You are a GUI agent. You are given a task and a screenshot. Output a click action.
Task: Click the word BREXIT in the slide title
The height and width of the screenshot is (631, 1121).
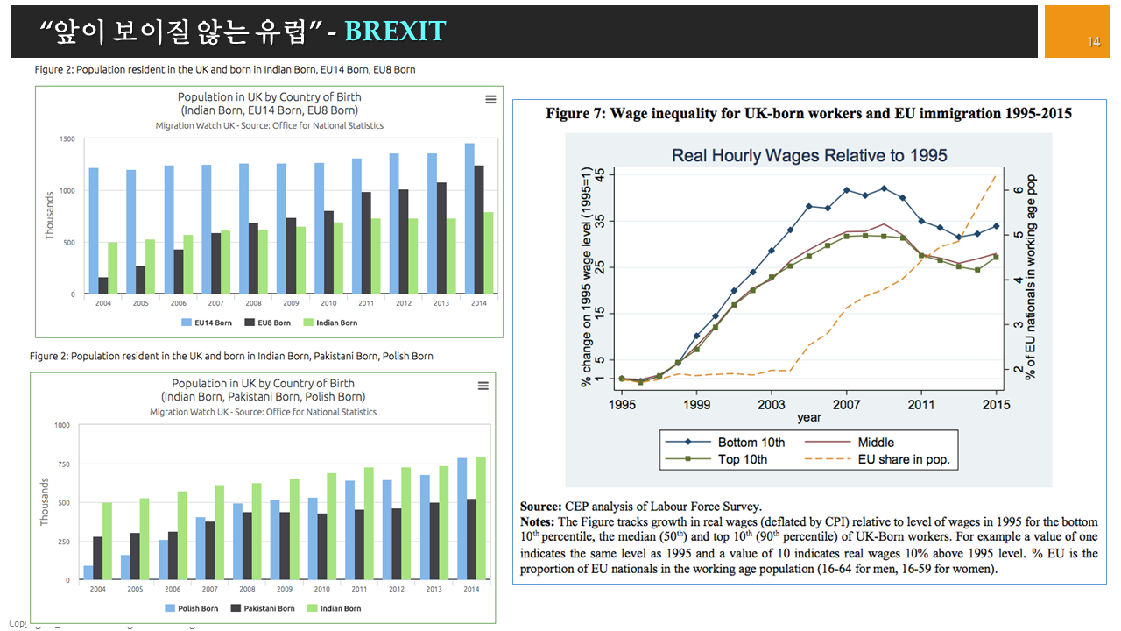pyautogui.click(x=395, y=32)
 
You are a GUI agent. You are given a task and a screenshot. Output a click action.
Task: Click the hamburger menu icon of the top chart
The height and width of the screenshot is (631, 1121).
pyautogui.click(x=490, y=100)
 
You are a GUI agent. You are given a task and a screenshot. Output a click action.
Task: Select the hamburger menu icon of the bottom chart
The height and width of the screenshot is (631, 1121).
pyautogui.click(x=483, y=386)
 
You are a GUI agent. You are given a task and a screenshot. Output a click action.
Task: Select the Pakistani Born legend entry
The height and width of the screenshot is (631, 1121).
pyautogui.click(x=262, y=608)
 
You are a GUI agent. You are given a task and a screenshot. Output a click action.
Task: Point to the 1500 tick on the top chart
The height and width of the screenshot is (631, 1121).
pyautogui.click(x=67, y=138)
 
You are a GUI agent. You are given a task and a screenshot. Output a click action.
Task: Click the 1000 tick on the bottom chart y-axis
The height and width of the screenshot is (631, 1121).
pyautogui.click(x=62, y=425)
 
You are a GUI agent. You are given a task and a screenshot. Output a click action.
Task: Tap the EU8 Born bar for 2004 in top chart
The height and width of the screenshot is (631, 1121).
pyautogui.click(x=103, y=286)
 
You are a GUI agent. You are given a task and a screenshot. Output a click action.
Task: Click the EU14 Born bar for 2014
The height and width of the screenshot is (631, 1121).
pyautogui.click(x=469, y=218)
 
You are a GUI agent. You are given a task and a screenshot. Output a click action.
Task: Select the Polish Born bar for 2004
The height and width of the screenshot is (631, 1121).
pyautogui.click(x=88, y=573)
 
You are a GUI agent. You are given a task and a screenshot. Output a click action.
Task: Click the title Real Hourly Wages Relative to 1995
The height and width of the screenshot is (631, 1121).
pyautogui.click(x=809, y=156)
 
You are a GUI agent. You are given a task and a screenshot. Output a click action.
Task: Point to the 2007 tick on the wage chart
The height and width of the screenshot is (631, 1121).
pyautogui.click(x=846, y=405)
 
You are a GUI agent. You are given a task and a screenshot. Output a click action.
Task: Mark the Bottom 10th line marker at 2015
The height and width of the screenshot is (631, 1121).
pyautogui.click(x=996, y=226)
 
